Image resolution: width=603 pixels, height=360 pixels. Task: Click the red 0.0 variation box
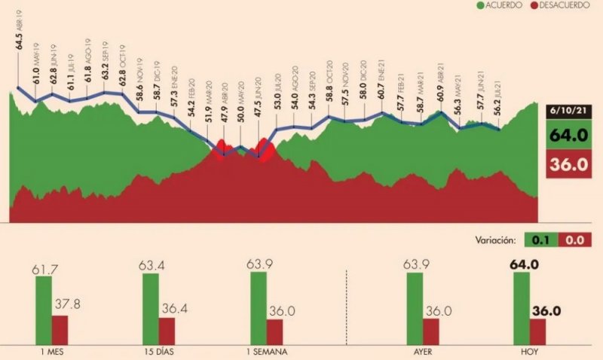pos(574,240)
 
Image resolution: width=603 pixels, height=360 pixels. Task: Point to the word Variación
pos(494,240)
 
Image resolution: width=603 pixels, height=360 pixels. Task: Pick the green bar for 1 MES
pos(44,309)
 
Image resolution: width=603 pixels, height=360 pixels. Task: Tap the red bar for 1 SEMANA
pos(274,329)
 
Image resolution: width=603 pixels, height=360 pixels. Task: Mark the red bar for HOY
pos(538,329)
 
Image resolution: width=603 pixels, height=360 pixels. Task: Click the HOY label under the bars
pos(530,352)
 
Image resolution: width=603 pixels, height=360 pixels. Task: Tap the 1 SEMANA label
pos(265,352)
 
